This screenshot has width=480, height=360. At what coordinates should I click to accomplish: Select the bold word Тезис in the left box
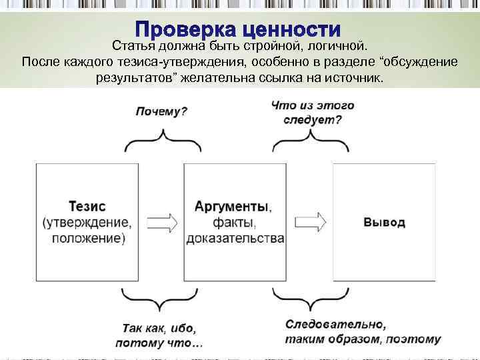pos(87,206)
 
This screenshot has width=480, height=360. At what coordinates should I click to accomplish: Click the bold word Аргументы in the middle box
pos(233,206)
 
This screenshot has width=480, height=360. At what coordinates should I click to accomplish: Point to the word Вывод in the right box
pos(384,222)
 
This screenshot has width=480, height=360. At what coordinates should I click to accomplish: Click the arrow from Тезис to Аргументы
pos(162,221)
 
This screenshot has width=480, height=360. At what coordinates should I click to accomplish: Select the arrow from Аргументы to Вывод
pos(310,221)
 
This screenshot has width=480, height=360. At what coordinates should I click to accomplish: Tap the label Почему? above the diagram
pos(161,111)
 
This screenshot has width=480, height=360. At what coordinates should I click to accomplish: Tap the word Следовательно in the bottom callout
pos(335,325)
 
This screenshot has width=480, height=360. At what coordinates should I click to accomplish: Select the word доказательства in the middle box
pos(235,238)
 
